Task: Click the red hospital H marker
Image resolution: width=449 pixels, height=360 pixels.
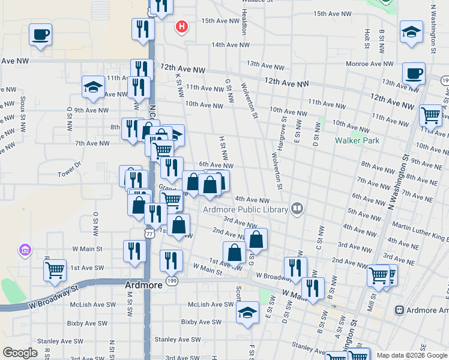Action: (182, 27)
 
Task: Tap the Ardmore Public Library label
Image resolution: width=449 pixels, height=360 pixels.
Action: (246, 209)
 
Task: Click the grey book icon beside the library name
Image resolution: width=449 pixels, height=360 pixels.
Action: (297, 209)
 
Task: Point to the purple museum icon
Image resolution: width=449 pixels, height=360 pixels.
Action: (25, 249)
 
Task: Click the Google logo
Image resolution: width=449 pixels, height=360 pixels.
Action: (20, 353)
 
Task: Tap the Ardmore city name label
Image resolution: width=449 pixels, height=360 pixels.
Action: (143, 286)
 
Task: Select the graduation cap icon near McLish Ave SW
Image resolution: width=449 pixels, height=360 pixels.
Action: (247, 313)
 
